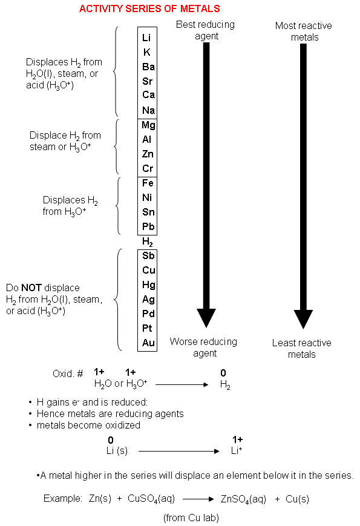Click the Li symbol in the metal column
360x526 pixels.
click(x=146, y=38)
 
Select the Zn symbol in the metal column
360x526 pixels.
click(x=148, y=154)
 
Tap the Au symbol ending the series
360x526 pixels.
click(x=148, y=343)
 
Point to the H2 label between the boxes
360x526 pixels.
click(x=148, y=242)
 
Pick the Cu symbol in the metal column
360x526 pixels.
click(x=148, y=270)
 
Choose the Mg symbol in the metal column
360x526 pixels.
click(x=148, y=125)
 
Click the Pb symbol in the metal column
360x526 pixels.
click(x=148, y=226)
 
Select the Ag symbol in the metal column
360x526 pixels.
click(x=148, y=299)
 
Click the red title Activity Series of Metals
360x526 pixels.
click(x=149, y=8)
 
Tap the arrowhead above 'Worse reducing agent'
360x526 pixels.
click(x=206, y=318)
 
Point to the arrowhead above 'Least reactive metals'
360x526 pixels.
click(x=303, y=319)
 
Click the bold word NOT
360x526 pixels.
click(x=31, y=288)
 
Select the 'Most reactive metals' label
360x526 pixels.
click(x=304, y=31)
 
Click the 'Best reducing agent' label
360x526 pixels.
click(x=206, y=30)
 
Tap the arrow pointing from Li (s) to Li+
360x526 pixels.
click(x=178, y=451)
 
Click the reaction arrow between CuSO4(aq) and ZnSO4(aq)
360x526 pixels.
click(x=198, y=499)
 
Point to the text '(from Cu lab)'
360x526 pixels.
click(x=191, y=518)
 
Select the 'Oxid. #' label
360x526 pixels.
click(x=68, y=373)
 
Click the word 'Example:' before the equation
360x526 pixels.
click(x=63, y=499)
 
